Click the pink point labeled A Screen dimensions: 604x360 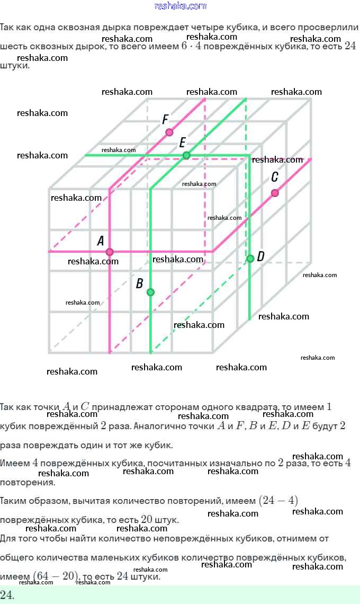(x=110, y=252)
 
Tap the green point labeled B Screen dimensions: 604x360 (x=150, y=292)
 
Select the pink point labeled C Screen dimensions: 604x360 (x=275, y=193)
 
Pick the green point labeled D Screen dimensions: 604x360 (x=250, y=259)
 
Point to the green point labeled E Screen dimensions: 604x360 (x=186, y=155)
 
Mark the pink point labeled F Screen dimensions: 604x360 (x=169, y=132)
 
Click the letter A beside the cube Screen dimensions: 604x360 (x=101, y=241)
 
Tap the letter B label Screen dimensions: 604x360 (x=139, y=283)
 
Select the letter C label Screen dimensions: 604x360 (x=274, y=177)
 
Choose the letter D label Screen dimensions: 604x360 (x=260, y=257)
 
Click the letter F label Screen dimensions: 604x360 (x=165, y=120)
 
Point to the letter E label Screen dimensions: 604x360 (x=182, y=143)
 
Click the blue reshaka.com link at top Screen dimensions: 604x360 (x=180, y=6)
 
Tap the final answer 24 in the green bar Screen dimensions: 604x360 (x=7, y=594)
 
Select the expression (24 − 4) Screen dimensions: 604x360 (x=278, y=500)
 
